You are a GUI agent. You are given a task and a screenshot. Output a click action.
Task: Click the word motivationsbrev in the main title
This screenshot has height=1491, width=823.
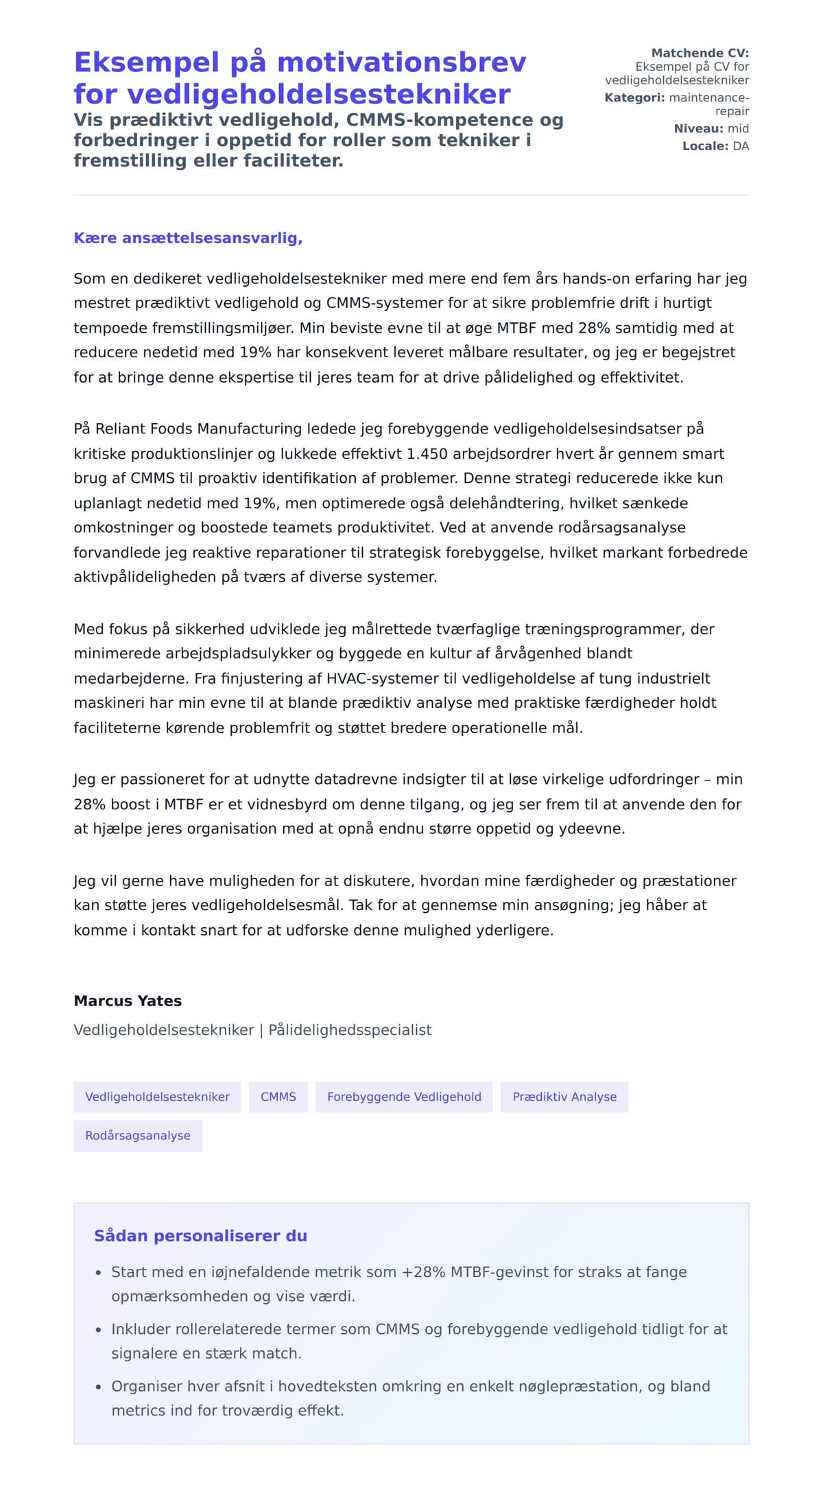(402, 62)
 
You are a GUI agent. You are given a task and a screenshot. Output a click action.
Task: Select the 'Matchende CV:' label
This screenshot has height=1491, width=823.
(700, 53)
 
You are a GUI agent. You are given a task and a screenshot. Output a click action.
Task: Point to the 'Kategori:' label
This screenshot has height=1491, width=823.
(634, 97)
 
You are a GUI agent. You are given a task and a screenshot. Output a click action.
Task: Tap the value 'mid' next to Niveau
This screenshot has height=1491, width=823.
(738, 128)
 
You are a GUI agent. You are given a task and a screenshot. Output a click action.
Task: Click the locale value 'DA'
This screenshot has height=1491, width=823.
(741, 146)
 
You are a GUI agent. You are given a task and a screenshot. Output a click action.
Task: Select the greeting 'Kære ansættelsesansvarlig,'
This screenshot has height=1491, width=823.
(188, 238)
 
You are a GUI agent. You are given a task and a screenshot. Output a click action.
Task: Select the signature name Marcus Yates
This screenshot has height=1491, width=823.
(128, 1001)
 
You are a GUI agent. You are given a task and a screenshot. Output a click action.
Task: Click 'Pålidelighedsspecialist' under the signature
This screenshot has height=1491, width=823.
(350, 1030)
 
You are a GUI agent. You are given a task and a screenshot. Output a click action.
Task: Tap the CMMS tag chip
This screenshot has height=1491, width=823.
(278, 1097)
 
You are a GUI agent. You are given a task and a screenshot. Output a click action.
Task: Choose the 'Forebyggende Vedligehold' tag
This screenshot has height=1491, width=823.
(404, 1097)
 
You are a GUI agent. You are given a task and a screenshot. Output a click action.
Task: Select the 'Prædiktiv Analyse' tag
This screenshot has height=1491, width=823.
(564, 1097)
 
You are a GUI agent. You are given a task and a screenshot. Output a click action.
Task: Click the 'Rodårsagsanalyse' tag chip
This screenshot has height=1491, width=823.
(138, 1136)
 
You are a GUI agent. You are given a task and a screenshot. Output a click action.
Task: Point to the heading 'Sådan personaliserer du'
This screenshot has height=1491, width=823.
(200, 1236)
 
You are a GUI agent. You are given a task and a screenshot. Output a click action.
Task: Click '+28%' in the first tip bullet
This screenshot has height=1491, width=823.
(424, 1272)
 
